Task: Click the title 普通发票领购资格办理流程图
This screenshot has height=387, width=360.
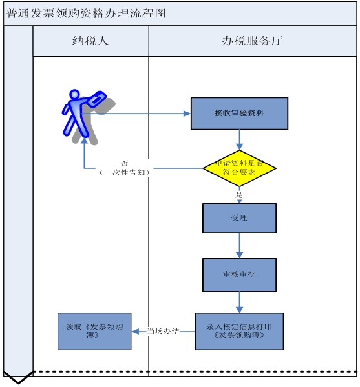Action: tap(86, 14)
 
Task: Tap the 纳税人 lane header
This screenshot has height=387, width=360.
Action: tap(90, 41)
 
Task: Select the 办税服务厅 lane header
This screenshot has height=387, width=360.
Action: tap(253, 41)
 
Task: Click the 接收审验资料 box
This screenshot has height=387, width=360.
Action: tap(239, 114)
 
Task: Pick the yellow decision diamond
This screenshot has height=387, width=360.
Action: tap(239, 168)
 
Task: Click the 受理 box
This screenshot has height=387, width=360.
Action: tap(239, 218)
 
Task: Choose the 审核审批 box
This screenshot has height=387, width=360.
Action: tap(239, 275)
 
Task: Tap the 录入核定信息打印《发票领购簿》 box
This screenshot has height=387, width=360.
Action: tap(239, 332)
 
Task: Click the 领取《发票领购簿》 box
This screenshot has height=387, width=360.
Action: tap(94, 332)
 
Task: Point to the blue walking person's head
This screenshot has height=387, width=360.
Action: tap(74, 94)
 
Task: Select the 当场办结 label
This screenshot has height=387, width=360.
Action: tap(163, 331)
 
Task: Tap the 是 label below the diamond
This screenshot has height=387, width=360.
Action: tap(239, 195)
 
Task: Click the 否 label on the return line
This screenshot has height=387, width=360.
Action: tap(124, 163)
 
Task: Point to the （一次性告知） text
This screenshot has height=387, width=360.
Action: tap(124, 172)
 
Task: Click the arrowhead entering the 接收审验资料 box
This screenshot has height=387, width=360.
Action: tap(187, 114)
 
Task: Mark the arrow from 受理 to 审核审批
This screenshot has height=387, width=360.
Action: tap(239, 246)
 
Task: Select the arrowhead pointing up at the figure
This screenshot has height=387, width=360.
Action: tap(85, 141)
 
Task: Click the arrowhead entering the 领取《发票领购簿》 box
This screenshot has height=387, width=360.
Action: tap(135, 332)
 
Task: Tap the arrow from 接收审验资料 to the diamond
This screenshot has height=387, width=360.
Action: tap(239, 140)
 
